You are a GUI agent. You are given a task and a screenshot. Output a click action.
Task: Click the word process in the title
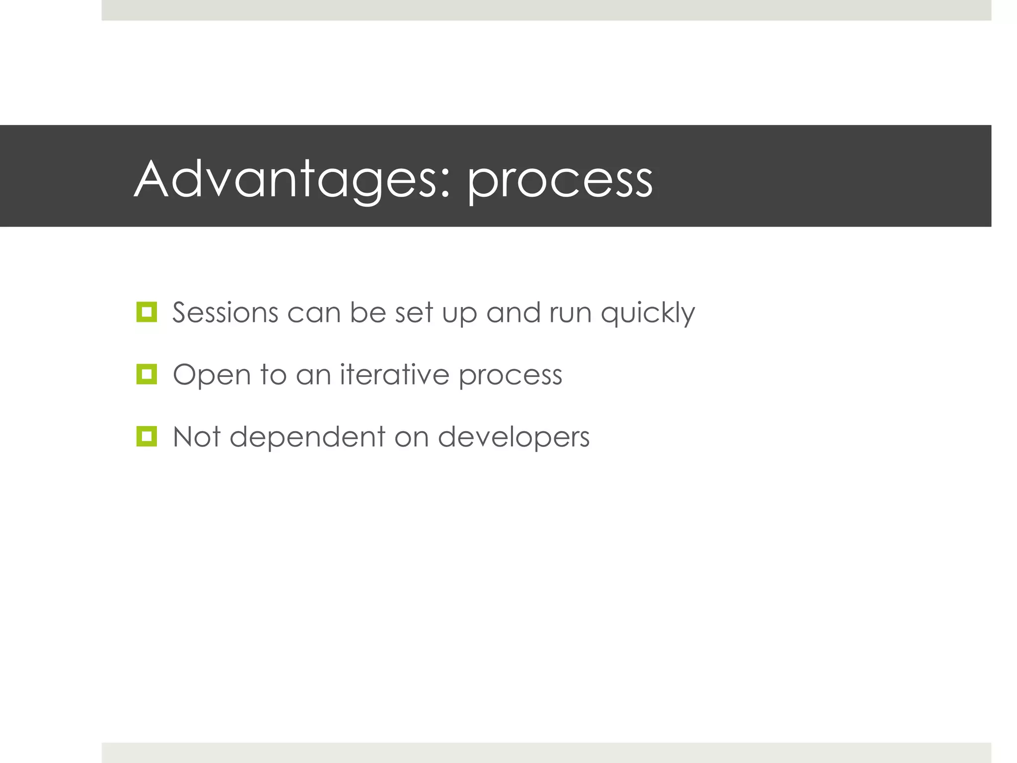[560, 181]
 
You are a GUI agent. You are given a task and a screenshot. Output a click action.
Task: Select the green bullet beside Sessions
[146, 312]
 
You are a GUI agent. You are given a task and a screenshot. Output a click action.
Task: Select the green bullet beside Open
[146, 375]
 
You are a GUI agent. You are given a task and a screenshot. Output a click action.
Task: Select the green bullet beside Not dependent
[146, 437]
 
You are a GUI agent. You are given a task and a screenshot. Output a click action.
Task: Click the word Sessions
[225, 313]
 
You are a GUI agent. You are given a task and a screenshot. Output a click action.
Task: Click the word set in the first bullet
[414, 313]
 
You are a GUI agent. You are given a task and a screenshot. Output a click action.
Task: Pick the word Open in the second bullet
[212, 376]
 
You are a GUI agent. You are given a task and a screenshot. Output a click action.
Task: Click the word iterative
[394, 375]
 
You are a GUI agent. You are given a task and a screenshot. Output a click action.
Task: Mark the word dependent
[307, 437]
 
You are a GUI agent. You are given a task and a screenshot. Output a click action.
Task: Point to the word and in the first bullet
[513, 313]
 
